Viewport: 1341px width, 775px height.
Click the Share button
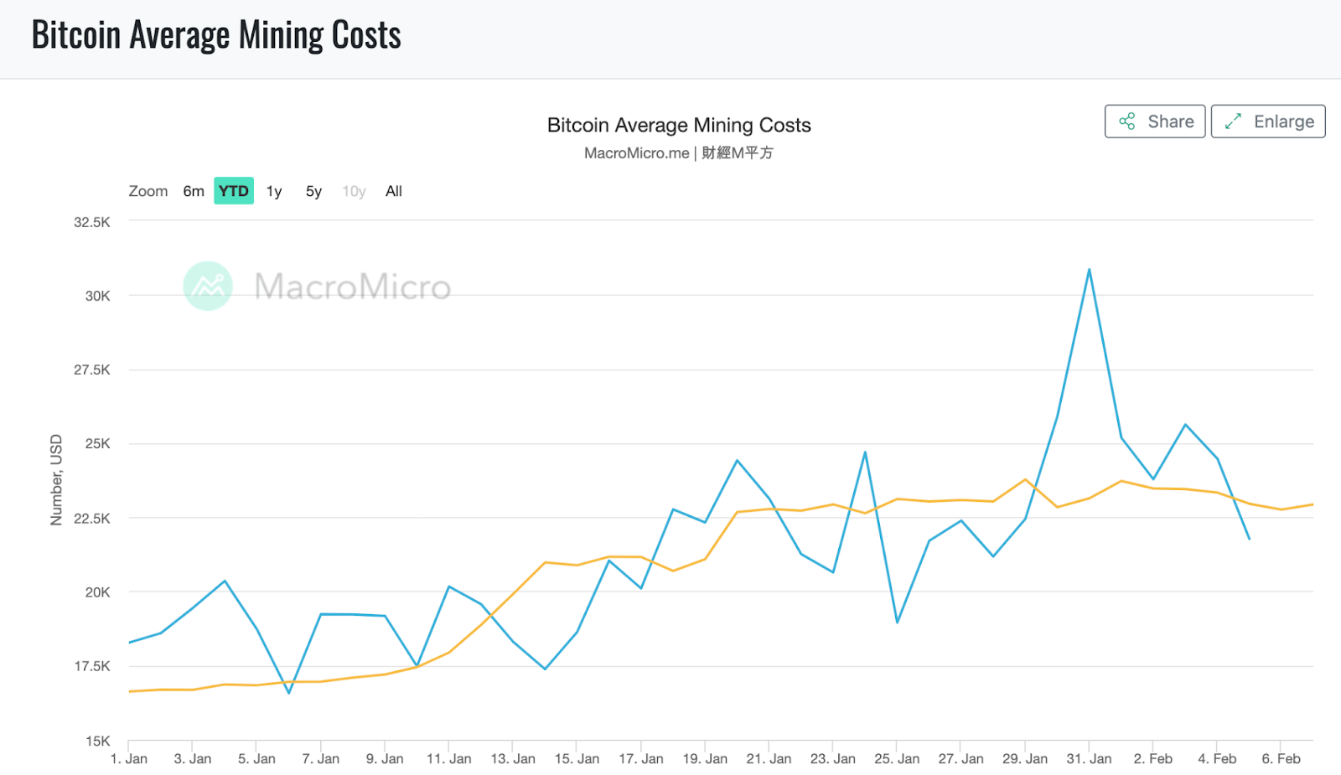pyautogui.click(x=1154, y=121)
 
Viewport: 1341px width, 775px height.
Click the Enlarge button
pyautogui.click(x=1267, y=121)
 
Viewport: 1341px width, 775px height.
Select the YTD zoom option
pyautogui.click(x=234, y=191)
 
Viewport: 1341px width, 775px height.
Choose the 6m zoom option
pyautogui.click(x=194, y=191)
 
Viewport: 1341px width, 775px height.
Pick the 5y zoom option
pyautogui.click(x=313, y=191)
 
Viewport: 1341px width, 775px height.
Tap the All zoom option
pyautogui.click(x=394, y=191)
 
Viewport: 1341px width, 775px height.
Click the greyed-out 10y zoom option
pyautogui.click(x=354, y=191)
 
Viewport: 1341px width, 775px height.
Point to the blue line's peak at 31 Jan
pyautogui.click(x=1089, y=270)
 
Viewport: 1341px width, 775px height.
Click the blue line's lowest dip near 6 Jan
pyautogui.click(x=289, y=693)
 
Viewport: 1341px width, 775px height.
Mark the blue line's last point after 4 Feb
pyautogui.click(x=1249, y=539)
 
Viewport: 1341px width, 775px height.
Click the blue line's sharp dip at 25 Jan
pyautogui.click(x=897, y=622)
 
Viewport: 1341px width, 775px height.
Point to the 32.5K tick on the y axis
pyautogui.click(x=92, y=222)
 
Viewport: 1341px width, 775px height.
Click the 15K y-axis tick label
pyautogui.click(x=98, y=741)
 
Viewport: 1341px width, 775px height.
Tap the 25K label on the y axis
pyautogui.click(x=98, y=443)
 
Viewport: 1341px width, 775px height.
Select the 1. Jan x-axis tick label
pyautogui.click(x=129, y=759)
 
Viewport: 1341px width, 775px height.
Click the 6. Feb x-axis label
pyautogui.click(x=1281, y=759)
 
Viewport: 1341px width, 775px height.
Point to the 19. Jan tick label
pyautogui.click(x=705, y=759)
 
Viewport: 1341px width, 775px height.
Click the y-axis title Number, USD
pyautogui.click(x=56, y=480)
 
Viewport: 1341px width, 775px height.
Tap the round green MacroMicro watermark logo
pyautogui.click(x=208, y=287)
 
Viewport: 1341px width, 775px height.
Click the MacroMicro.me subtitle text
pyautogui.click(x=636, y=153)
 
